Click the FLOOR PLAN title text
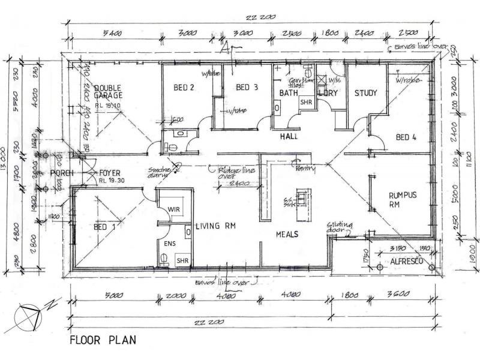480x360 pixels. point(103,340)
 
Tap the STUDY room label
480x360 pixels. point(365,93)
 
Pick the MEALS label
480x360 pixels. point(287,233)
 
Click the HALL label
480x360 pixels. point(290,137)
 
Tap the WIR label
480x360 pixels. point(174,209)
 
